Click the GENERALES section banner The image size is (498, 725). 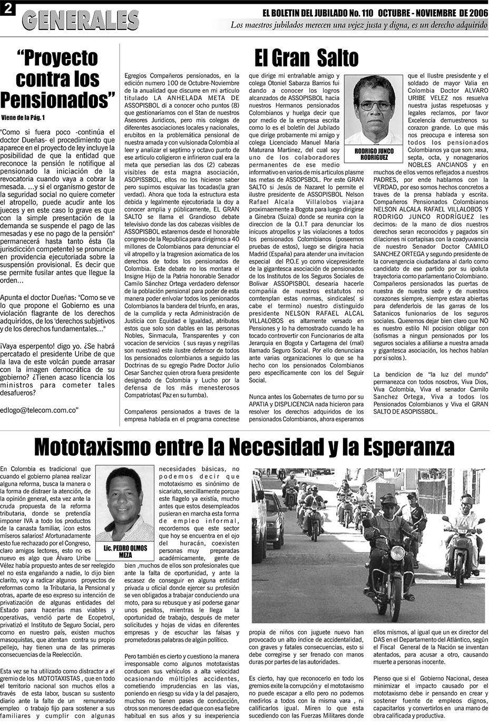[80, 21]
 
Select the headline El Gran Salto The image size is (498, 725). [306, 57]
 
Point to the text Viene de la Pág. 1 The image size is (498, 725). [23, 117]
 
